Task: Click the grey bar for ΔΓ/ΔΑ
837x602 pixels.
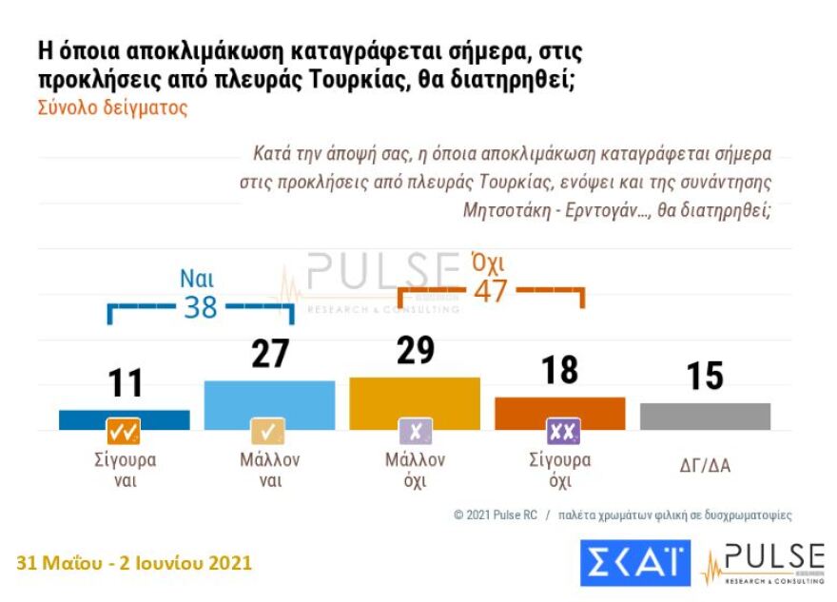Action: pyautogui.click(x=705, y=416)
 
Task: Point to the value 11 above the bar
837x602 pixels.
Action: pyautogui.click(x=124, y=382)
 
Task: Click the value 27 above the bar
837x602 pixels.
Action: pyautogui.click(x=269, y=353)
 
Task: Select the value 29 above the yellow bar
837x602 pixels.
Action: pyautogui.click(x=415, y=350)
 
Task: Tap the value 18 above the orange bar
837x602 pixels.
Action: pyautogui.click(x=560, y=370)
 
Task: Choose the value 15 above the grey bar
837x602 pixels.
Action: pyautogui.click(x=705, y=376)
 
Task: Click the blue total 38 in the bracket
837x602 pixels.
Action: pyautogui.click(x=201, y=307)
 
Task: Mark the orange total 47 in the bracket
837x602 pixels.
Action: pyautogui.click(x=490, y=290)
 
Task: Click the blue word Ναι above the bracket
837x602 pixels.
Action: pyautogui.click(x=197, y=279)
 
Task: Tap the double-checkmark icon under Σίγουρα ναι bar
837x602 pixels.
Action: pyautogui.click(x=124, y=432)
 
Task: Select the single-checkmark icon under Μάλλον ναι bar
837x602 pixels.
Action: pyautogui.click(x=267, y=432)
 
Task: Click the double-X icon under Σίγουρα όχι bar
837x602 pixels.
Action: pyautogui.click(x=562, y=432)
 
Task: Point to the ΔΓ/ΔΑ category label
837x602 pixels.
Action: pyautogui.click(x=705, y=465)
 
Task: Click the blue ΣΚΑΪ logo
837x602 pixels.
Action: pyautogui.click(x=635, y=563)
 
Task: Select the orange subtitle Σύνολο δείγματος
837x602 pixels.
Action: pyautogui.click(x=112, y=107)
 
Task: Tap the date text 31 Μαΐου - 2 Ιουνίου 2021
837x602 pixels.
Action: pyautogui.click(x=134, y=562)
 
